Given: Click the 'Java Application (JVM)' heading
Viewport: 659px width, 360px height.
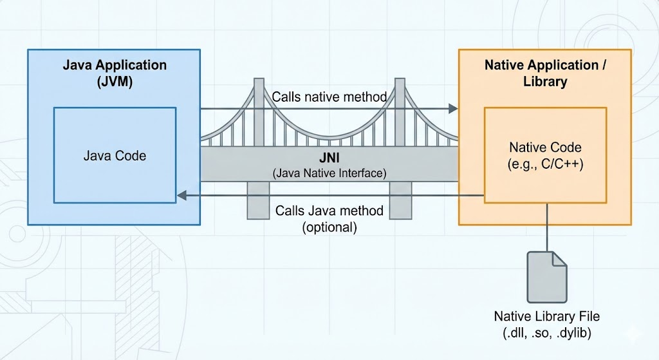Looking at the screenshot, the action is tap(115, 73).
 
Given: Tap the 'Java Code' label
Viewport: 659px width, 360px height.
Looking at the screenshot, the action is tap(115, 156).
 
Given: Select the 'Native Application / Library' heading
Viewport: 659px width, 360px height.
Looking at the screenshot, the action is tap(545, 73).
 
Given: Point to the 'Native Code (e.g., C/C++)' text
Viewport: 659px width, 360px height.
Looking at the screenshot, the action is tap(546, 155).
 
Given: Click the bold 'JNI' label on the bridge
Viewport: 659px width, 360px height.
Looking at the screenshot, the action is tap(329, 158).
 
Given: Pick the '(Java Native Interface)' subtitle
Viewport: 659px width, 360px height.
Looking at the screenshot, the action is tap(329, 173).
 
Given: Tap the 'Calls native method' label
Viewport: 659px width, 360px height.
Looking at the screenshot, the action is tap(329, 97).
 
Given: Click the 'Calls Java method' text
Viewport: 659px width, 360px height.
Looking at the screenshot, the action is tap(329, 211).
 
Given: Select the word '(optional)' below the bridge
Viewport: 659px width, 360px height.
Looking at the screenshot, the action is tap(329, 227).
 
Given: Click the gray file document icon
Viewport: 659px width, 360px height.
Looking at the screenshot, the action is tap(547, 277).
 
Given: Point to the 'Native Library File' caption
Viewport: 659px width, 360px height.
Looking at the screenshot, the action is tap(547, 316).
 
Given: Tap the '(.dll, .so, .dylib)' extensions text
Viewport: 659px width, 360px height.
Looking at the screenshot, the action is tap(547, 333).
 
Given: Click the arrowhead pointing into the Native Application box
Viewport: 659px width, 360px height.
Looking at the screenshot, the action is tap(453, 108).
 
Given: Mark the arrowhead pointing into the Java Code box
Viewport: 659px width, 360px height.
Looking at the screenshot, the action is tap(181, 195).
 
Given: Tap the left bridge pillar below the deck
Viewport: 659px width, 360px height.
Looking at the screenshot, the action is tap(258, 200).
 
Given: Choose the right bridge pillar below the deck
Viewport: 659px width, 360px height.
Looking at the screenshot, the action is tap(400, 200).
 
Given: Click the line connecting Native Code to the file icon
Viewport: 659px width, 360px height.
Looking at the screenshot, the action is tap(547, 227).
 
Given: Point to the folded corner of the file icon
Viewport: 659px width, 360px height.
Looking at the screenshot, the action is tap(559, 259).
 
